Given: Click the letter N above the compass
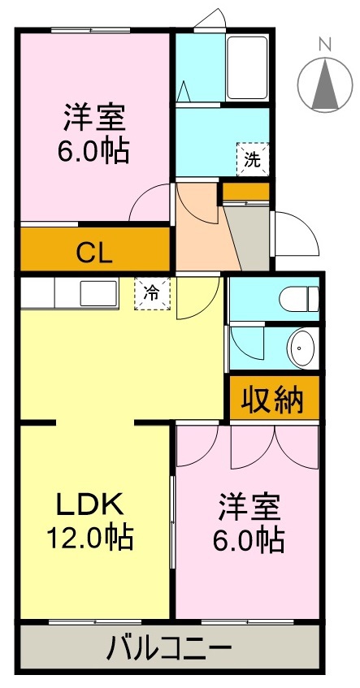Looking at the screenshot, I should tap(323, 44).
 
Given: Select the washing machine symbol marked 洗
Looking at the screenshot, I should tap(252, 159).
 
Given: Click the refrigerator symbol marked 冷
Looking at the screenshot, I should tap(152, 293).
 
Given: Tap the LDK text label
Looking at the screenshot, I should tap(89, 505).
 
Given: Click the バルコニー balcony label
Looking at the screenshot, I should tap(170, 649).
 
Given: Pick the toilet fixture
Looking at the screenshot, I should tap(296, 300).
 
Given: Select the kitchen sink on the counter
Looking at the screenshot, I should tap(97, 292).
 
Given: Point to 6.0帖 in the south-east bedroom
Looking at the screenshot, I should tap(249, 540).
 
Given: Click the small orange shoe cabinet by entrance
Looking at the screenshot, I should tap(245, 193).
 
